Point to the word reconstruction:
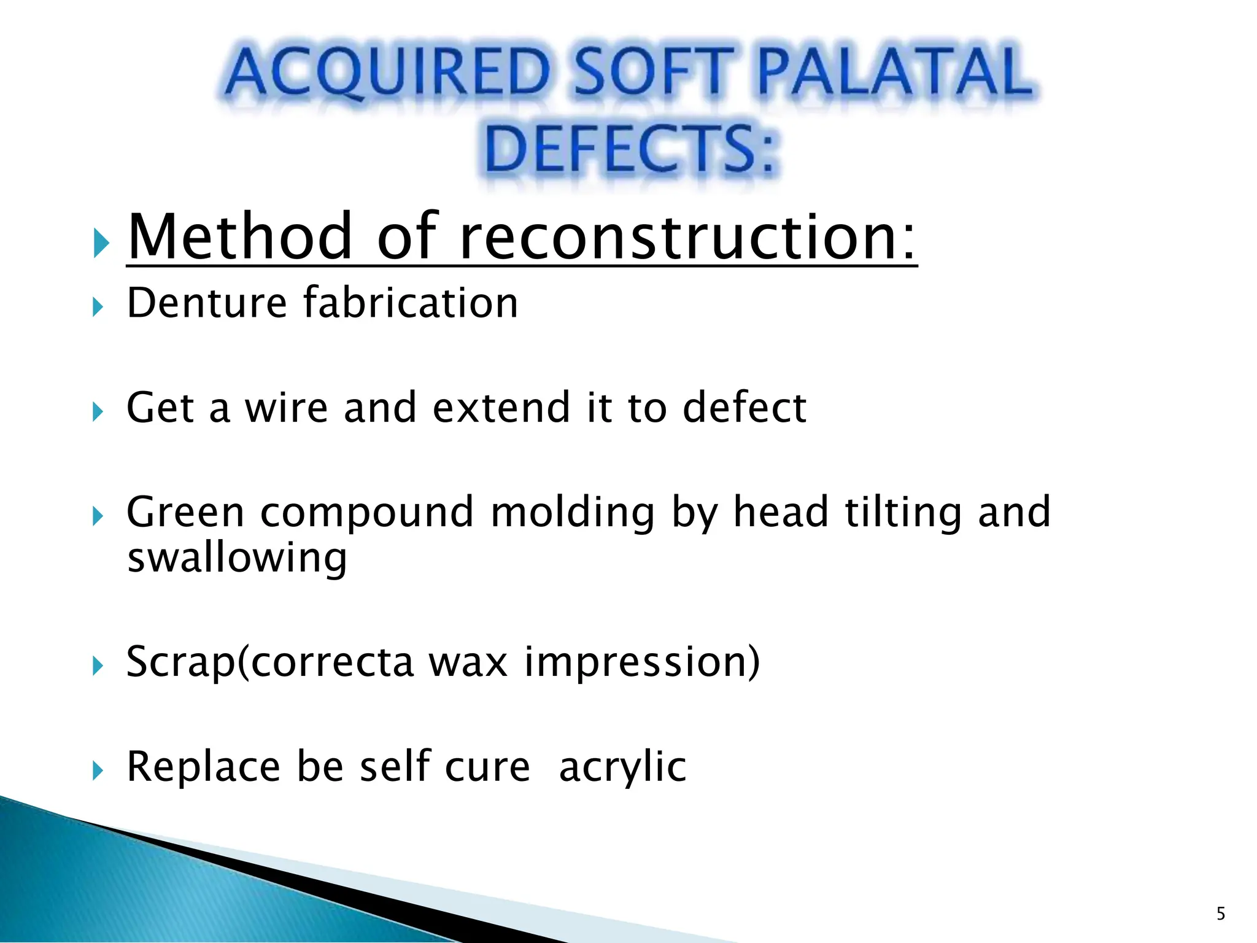pos(687,237)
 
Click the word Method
pos(240,237)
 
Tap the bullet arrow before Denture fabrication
pos(98,306)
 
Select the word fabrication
pos(411,303)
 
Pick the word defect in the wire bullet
pos(745,408)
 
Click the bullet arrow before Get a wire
pos(98,411)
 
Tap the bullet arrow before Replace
pos(98,770)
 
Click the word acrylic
pos(622,767)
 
